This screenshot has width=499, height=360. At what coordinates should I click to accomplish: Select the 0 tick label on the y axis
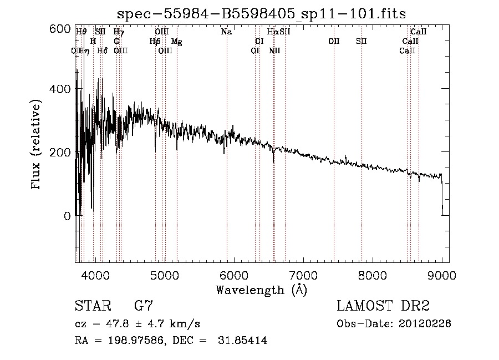(x=67, y=216)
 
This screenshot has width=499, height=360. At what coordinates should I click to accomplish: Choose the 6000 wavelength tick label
(x=233, y=275)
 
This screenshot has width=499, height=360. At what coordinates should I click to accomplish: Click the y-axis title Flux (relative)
(x=37, y=145)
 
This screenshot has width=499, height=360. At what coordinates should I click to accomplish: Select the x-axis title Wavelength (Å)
(x=261, y=290)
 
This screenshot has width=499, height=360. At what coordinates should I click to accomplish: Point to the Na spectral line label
(x=226, y=32)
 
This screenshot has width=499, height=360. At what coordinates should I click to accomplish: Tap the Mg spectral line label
(x=176, y=42)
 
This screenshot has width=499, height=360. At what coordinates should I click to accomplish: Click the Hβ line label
(x=155, y=42)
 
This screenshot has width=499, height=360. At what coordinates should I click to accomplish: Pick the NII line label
(x=274, y=51)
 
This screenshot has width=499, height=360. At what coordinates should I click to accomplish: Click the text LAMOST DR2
(x=383, y=306)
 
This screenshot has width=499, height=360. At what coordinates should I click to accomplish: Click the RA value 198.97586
(x=131, y=341)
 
